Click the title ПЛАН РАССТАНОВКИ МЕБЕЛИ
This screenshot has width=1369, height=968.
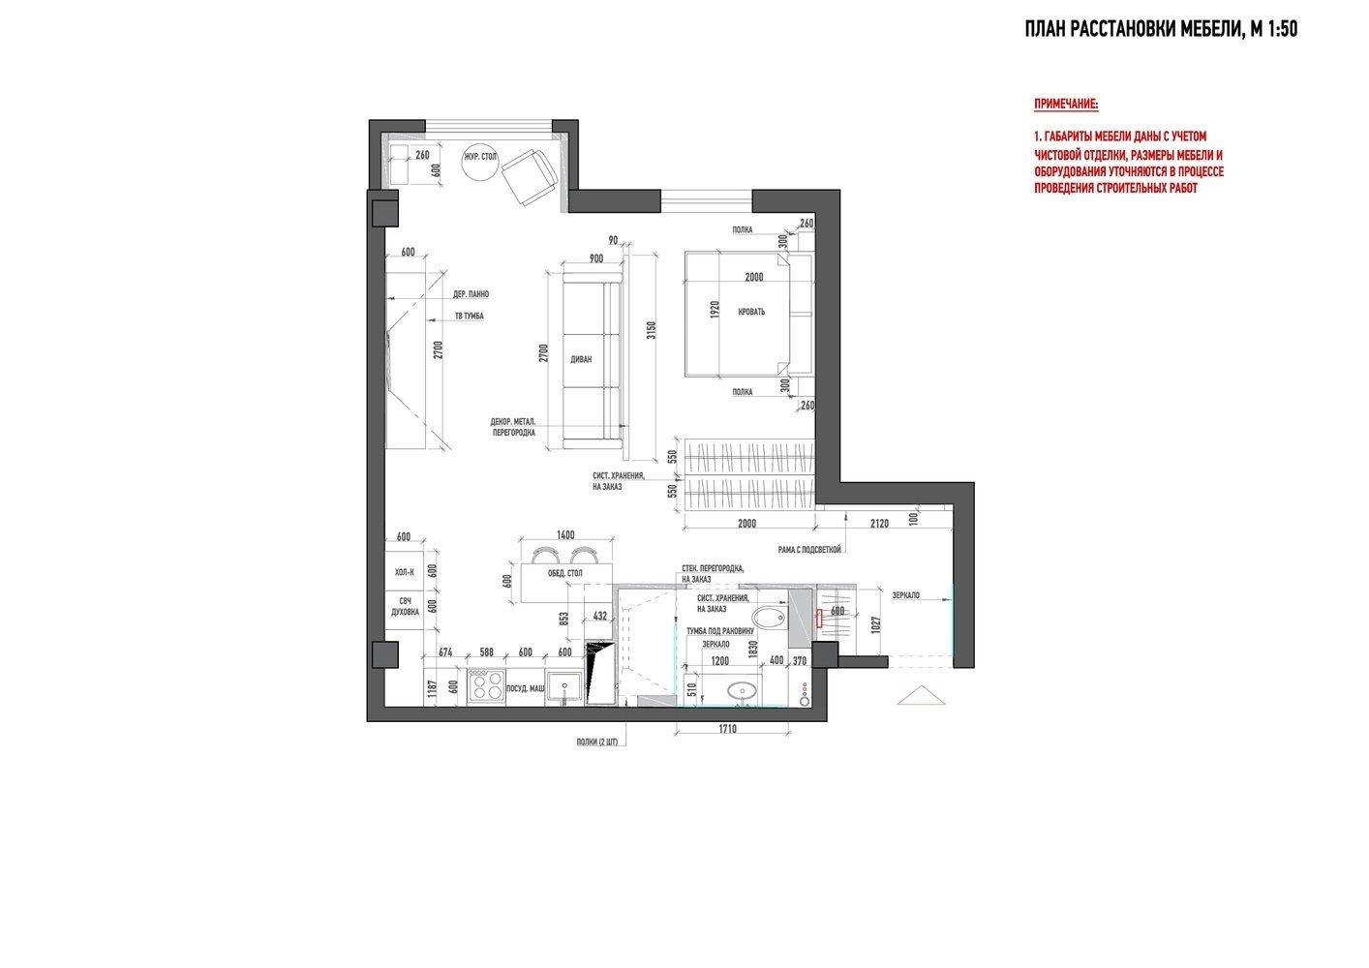pos(1133,29)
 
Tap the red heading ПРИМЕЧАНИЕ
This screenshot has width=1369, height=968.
pos(1066,104)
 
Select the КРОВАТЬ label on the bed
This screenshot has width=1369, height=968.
pos(751,312)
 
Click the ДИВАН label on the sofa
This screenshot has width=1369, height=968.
pos(581,359)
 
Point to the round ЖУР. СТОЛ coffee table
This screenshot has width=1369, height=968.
pos(480,163)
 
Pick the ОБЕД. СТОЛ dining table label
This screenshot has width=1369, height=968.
pos(564,573)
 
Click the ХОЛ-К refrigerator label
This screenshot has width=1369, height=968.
pos(404,572)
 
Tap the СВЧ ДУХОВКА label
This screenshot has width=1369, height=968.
pos(406,606)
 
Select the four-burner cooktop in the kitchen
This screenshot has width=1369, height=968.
pos(486,685)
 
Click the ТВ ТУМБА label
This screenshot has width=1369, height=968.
pos(470,316)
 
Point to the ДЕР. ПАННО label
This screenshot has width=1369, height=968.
pos(471,294)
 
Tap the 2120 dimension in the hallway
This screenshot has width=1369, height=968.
pos(879,523)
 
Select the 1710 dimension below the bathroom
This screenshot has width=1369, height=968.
pos(728,729)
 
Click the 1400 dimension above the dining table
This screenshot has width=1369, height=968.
pos(565,534)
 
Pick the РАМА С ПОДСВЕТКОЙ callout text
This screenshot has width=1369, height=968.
pos(809,550)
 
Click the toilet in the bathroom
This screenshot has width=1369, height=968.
pos(769,618)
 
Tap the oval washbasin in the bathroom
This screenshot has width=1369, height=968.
pos(742,691)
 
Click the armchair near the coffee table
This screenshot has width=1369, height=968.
pos(530,176)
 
